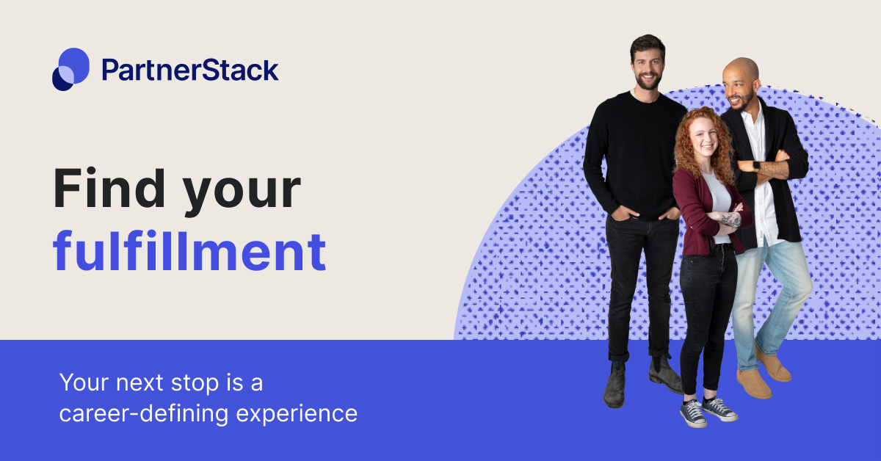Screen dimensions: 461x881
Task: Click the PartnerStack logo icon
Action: pos(70,69)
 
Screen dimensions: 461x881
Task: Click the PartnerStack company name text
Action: pos(190,70)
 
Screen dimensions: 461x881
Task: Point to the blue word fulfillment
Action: pos(189,252)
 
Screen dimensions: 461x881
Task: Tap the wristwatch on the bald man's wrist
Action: pos(756,166)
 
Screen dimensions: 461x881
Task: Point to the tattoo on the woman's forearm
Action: pos(729,219)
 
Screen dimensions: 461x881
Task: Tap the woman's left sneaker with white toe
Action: pos(692,413)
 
